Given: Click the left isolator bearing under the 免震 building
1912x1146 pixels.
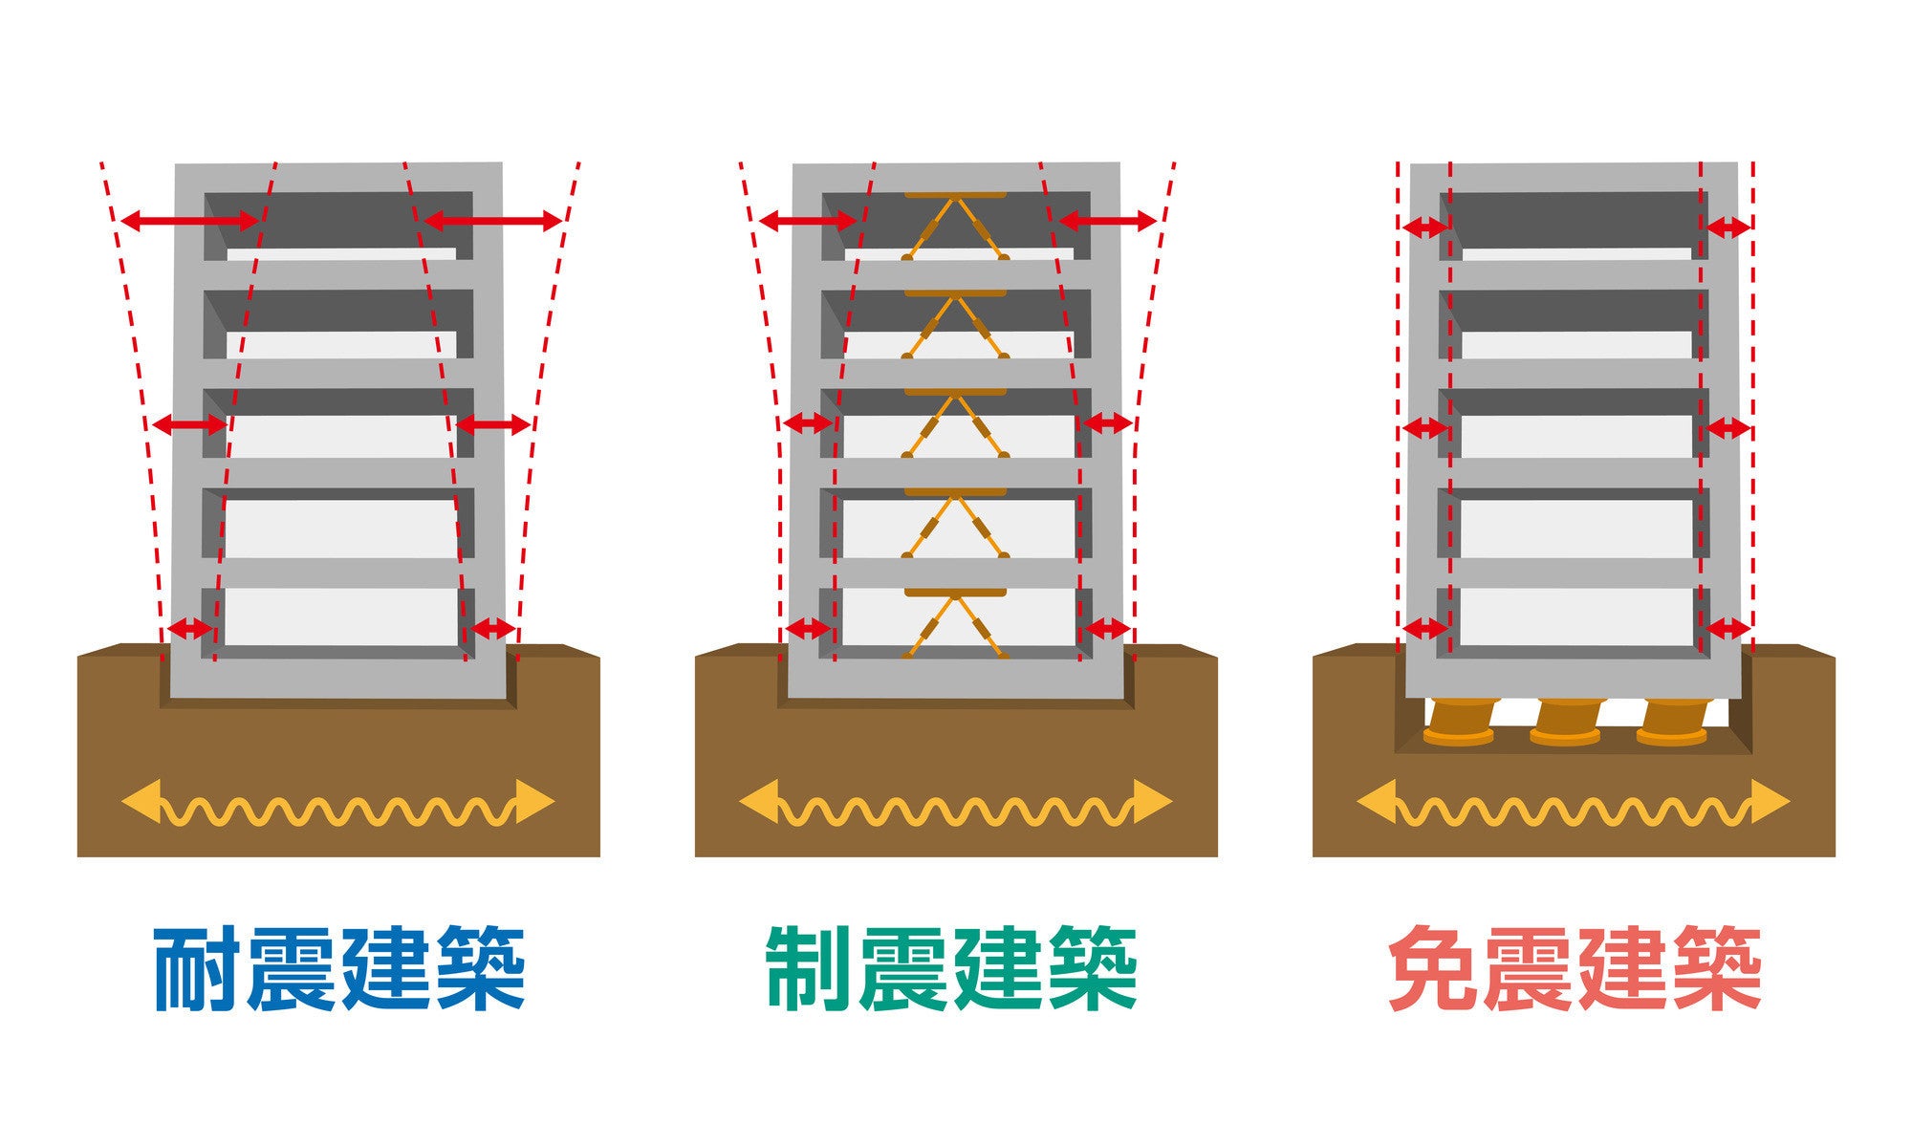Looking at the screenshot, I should pyautogui.click(x=1458, y=723).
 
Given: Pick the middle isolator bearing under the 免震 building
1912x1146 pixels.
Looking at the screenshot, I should pyautogui.click(x=1565, y=723).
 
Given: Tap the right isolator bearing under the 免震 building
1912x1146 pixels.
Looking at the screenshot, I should pyautogui.click(x=1671, y=723).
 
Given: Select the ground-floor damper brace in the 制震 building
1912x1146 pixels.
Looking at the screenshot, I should pyautogui.click(x=955, y=623).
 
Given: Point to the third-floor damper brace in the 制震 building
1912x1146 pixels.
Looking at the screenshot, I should pyautogui.click(x=955, y=424).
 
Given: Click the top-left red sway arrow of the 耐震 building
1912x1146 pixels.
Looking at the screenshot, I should pyautogui.click(x=189, y=222).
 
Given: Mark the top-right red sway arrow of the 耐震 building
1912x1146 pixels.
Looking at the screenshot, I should pyautogui.click(x=492, y=222).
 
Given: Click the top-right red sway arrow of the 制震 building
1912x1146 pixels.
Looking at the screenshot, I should pyautogui.click(x=1108, y=222).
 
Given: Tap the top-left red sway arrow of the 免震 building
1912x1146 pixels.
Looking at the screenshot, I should pyautogui.click(x=1424, y=227).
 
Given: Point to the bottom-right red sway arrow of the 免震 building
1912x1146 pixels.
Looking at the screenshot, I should pyautogui.click(x=1727, y=629).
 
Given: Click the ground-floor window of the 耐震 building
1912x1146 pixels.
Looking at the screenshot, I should pyautogui.click(x=340, y=616).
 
